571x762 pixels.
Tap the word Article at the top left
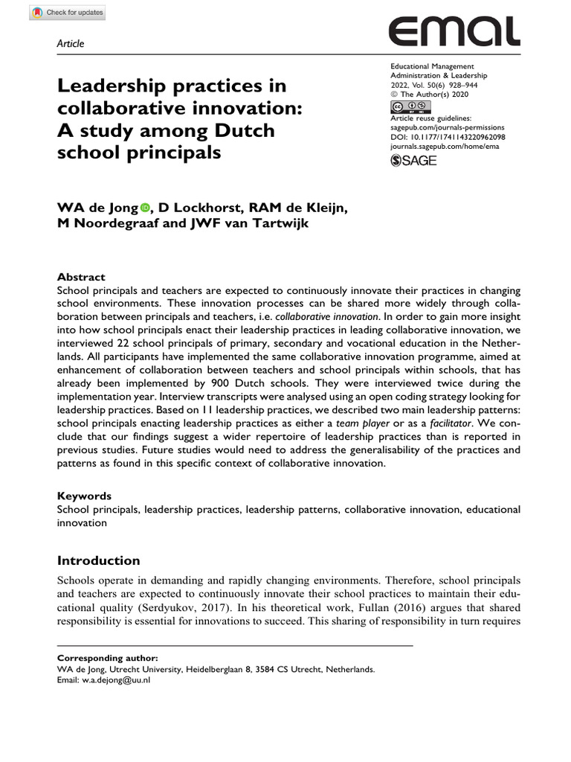coord(71,44)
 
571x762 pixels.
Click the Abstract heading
coord(81,277)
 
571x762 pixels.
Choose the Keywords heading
coord(85,496)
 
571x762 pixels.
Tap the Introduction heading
coord(98,560)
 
